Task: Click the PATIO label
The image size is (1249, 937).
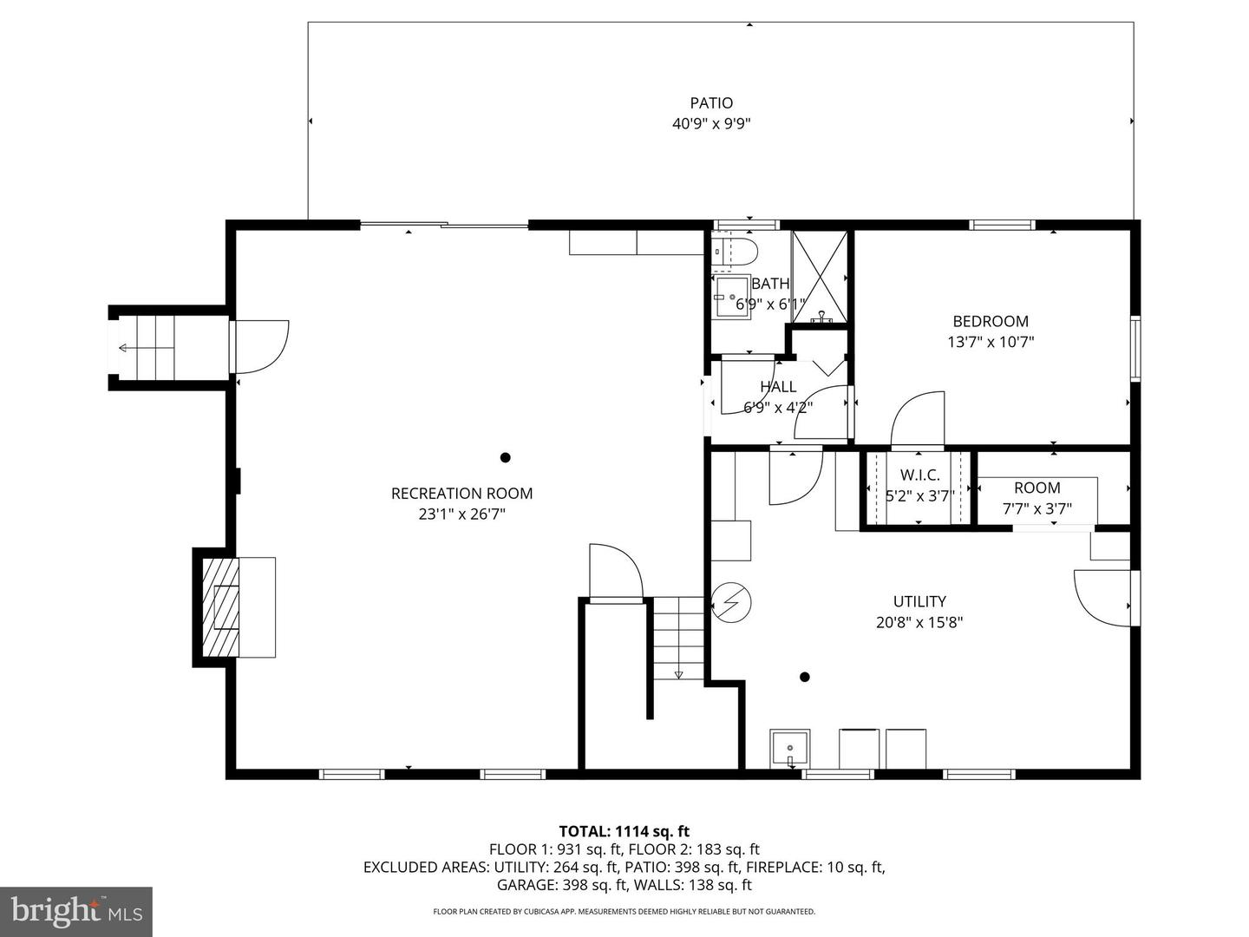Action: pyautogui.click(x=711, y=103)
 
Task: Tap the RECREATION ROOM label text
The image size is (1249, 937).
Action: pyautogui.click(x=461, y=494)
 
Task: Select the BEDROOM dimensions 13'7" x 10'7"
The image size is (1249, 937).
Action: pyautogui.click(x=991, y=342)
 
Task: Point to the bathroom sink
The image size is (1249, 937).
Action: pyautogui.click(x=731, y=297)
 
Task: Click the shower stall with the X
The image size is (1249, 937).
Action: pyautogui.click(x=820, y=278)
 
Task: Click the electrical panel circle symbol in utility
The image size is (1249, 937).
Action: pyautogui.click(x=731, y=602)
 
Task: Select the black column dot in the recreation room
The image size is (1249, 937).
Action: pyautogui.click(x=505, y=457)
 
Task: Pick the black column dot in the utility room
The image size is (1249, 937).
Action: pyautogui.click(x=805, y=677)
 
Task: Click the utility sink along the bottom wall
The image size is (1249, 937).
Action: pyautogui.click(x=790, y=749)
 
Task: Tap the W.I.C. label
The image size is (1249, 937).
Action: pyautogui.click(x=919, y=475)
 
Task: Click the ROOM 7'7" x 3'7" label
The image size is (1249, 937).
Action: pyautogui.click(x=1036, y=498)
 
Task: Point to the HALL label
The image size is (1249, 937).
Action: pyautogui.click(x=778, y=387)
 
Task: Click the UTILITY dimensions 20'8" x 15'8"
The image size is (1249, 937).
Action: pyautogui.click(x=919, y=622)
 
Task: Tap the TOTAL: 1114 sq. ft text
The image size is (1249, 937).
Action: pyautogui.click(x=624, y=831)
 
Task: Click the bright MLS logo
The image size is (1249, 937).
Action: pyautogui.click(x=76, y=911)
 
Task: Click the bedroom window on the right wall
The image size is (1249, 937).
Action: pyautogui.click(x=1135, y=348)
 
